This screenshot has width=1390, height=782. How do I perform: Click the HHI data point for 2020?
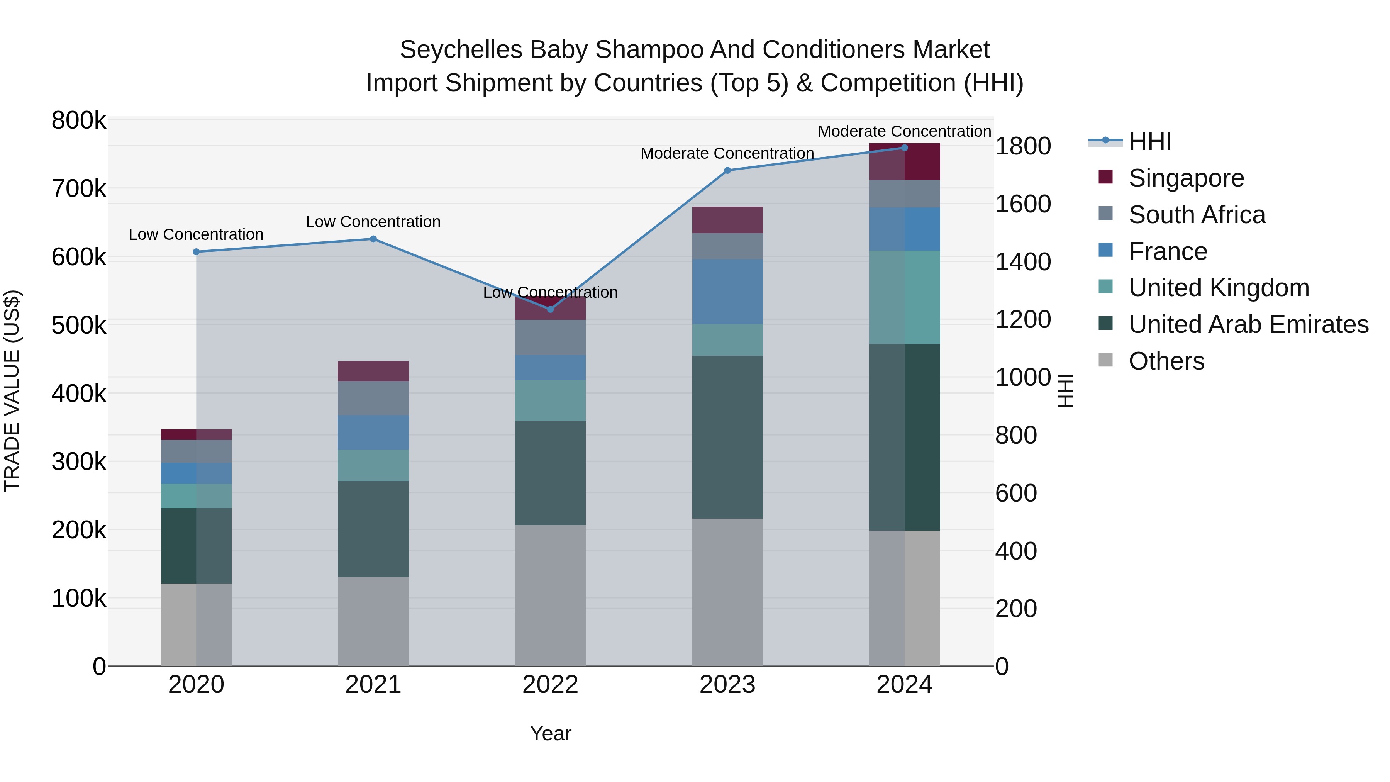[197, 252]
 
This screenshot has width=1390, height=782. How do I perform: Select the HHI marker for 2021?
[373, 239]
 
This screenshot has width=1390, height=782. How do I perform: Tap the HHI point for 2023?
[727, 171]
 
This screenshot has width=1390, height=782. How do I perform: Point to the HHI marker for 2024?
[905, 148]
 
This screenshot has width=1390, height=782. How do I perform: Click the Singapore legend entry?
[1186, 178]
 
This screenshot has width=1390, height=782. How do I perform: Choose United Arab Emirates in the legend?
[1248, 324]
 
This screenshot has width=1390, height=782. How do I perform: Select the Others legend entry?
[1166, 361]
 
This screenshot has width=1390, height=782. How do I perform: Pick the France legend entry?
[1168, 251]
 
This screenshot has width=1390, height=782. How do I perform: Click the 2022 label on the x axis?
[550, 685]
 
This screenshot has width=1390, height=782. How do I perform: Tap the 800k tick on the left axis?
[79, 120]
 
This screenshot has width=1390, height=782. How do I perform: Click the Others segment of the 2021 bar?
[373, 621]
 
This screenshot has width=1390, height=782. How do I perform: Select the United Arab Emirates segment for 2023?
[727, 437]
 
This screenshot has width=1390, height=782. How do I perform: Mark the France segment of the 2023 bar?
[727, 292]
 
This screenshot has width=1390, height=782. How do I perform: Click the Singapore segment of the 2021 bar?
[373, 371]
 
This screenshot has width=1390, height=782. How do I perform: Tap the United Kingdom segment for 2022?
[550, 400]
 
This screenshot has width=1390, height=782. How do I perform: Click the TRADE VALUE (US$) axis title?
[12, 391]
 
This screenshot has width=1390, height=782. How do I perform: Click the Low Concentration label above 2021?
[373, 222]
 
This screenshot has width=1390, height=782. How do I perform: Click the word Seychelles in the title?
[461, 50]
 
